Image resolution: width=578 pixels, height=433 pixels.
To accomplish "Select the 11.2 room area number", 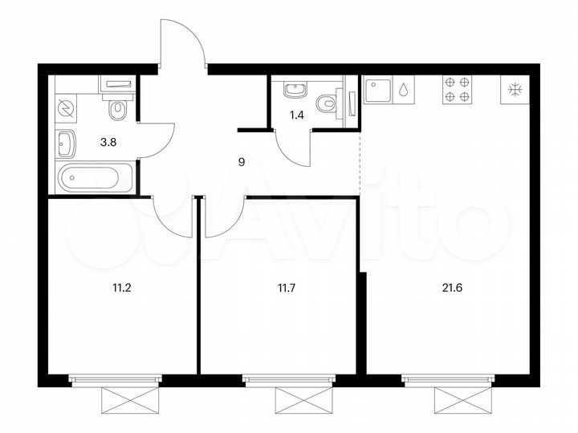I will click(120, 282).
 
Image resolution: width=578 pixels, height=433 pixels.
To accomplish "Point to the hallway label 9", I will click(242, 161).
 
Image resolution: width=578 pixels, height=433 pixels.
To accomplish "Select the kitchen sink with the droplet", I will click(389, 90).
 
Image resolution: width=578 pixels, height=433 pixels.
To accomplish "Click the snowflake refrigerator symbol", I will click(511, 90).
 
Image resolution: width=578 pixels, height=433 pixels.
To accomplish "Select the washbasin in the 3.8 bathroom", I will click(67, 144).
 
